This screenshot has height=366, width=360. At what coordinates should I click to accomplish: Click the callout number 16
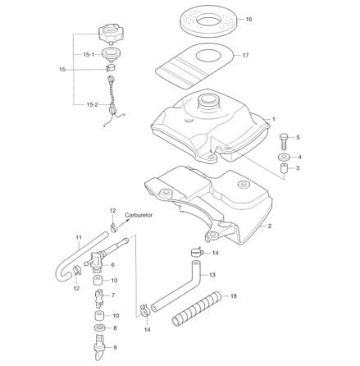249,19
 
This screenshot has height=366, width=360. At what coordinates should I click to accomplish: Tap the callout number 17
244,56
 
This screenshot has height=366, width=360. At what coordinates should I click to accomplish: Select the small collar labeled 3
283,169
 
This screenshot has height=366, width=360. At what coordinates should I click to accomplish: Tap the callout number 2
270,225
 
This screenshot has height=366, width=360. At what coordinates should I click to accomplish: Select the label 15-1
88,54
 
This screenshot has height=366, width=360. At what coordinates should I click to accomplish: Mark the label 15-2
93,104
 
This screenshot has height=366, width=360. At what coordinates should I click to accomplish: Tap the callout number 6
112,265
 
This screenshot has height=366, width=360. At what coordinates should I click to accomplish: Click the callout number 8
115,327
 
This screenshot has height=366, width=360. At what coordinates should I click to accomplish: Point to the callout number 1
273,119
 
